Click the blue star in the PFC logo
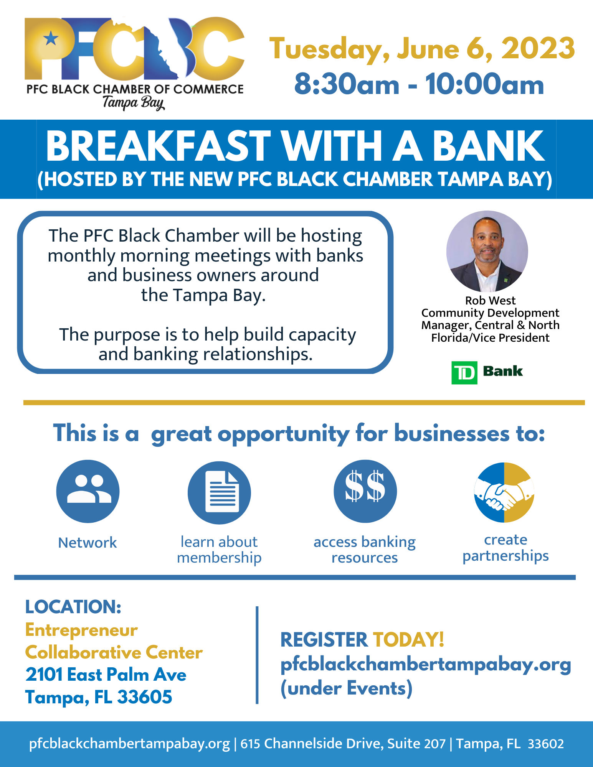click(x=51, y=38)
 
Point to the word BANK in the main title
click(x=489, y=146)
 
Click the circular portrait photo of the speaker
click(x=487, y=251)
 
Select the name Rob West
click(x=490, y=300)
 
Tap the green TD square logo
click(x=464, y=372)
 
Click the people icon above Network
click(x=88, y=491)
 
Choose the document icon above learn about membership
click(x=219, y=492)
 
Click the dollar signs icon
click(x=365, y=491)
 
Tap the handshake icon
click(x=504, y=492)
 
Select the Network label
click(x=88, y=543)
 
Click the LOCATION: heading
click(x=73, y=607)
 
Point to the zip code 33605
click(x=145, y=697)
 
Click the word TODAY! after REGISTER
click(x=408, y=639)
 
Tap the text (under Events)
click(x=347, y=688)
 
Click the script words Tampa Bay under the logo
click(x=134, y=103)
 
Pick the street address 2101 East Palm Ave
click(x=106, y=675)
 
